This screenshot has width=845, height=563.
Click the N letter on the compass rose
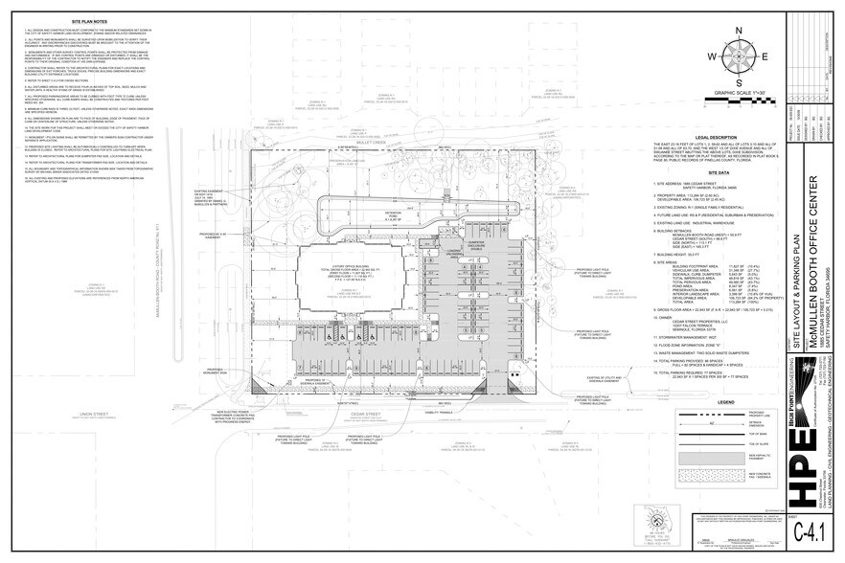pos(739,31)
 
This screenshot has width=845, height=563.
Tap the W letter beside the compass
pos(713,56)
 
